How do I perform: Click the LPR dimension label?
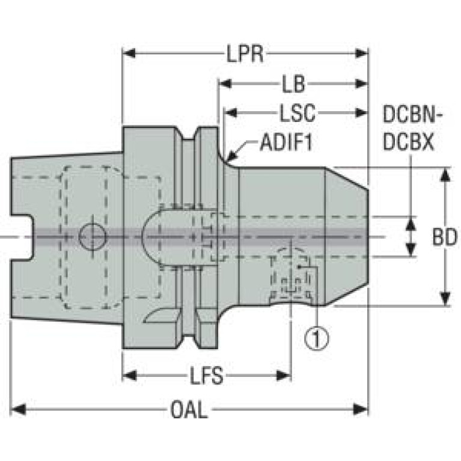click(245, 54)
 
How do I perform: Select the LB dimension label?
click(294, 84)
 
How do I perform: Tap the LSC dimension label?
click(297, 113)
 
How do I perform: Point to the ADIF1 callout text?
click(285, 142)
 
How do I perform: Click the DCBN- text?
click(413, 114)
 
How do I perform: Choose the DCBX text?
click(409, 142)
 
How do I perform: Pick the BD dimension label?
click(445, 237)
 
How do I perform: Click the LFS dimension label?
click(206, 376)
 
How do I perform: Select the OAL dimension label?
click(189, 409)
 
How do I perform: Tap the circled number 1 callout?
click(316, 339)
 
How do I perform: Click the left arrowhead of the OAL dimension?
click(17, 409)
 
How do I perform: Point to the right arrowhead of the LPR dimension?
click(361, 53)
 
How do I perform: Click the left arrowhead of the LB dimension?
click(225, 84)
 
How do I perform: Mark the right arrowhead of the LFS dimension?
click(284, 376)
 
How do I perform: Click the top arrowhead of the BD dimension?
click(445, 175)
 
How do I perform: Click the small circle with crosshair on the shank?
click(93, 237)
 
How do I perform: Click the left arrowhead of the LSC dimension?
click(231, 112)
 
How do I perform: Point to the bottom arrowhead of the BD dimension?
click(445, 299)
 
